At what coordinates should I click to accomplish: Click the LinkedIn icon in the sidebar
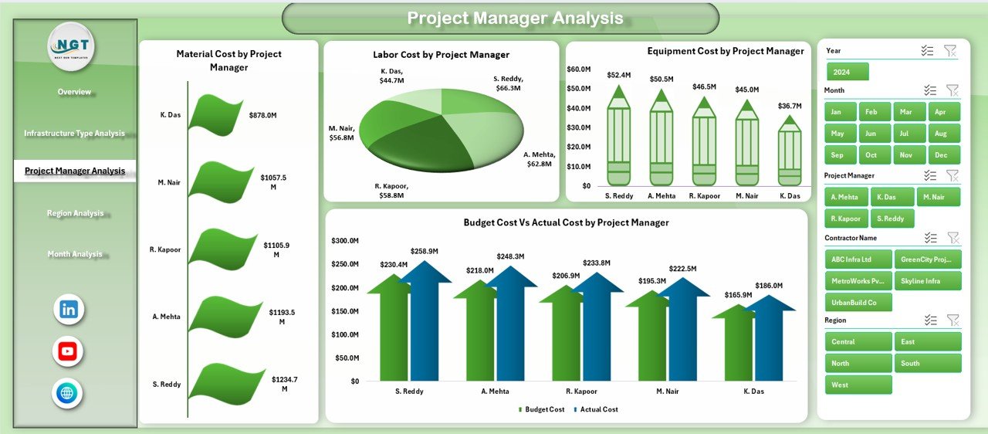pyautogui.click(x=69, y=310)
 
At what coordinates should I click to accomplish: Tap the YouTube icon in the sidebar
pyautogui.click(x=68, y=352)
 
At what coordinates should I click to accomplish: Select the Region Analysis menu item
pyautogui.click(x=75, y=213)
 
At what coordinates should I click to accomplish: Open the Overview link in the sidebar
pyautogui.click(x=74, y=92)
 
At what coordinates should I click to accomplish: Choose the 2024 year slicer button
pyautogui.click(x=848, y=72)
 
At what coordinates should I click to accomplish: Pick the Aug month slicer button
pyautogui.click(x=944, y=133)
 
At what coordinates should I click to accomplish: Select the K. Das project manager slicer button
pyautogui.click(x=892, y=197)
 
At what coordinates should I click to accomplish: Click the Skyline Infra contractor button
pyautogui.click(x=928, y=280)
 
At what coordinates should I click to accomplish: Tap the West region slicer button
pyautogui.click(x=858, y=385)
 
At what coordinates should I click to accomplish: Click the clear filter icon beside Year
pyautogui.click(x=950, y=51)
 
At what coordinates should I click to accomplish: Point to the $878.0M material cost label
pyautogui.click(x=262, y=115)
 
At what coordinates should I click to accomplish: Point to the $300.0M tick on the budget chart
pyautogui.click(x=344, y=241)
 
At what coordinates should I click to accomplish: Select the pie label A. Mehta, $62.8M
pyautogui.click(x=539, y=158)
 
